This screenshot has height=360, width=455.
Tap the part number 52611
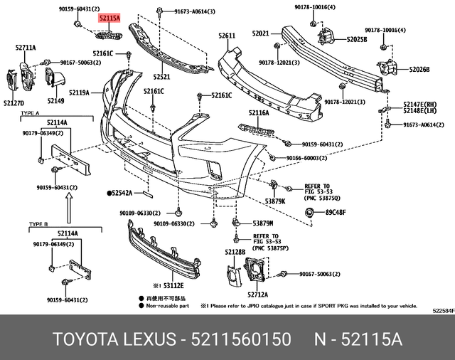(x=227, y=35)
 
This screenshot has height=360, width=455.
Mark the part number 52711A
(x=26, y=48)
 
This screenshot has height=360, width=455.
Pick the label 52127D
(x=14, y=103)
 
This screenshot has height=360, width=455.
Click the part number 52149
(x=55, y=102)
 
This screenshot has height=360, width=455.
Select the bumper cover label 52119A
(x=79, y=92)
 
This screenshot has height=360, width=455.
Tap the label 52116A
(x=259, y=112)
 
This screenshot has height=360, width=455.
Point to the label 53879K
(x=274, y=201)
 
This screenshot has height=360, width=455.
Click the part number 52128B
(x=235, y=252)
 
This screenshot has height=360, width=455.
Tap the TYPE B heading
(x=38, y=224)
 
